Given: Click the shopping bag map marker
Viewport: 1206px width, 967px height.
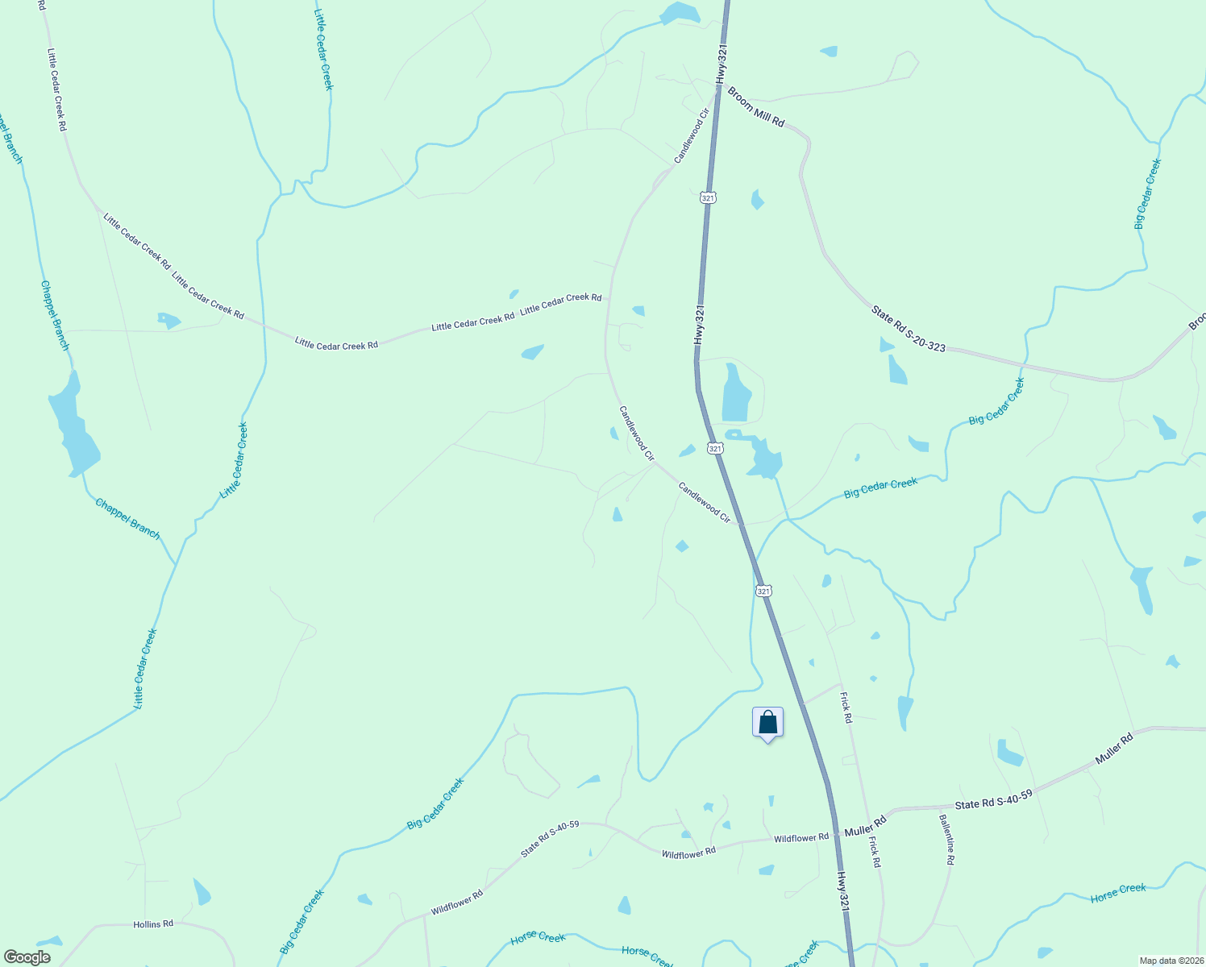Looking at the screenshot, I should (767, 723).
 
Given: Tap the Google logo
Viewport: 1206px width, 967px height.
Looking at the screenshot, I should (27, 957).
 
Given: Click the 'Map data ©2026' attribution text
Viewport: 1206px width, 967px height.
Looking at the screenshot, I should (1170, 961).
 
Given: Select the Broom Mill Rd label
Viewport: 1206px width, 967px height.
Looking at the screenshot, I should (755, 107).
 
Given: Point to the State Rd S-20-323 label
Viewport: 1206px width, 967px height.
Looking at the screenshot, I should (908, 328).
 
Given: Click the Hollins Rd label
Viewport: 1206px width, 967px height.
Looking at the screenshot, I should (153, 923).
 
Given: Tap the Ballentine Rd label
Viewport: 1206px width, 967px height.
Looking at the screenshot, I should (946, 840).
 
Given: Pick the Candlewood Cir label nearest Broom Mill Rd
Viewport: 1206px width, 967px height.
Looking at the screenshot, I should (691, 136).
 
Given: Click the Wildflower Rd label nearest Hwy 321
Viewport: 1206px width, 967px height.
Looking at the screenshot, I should (801, 838).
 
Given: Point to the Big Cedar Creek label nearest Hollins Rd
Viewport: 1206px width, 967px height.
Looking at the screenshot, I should (301, 922).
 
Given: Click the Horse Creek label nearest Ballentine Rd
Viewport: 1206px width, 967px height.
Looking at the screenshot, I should (1118, 893).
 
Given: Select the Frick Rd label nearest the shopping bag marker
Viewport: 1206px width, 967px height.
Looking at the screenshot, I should (846, 707).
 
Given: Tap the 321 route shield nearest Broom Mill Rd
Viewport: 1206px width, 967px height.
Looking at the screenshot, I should (708, 197).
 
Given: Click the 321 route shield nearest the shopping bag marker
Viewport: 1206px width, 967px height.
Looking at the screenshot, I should (764, 591).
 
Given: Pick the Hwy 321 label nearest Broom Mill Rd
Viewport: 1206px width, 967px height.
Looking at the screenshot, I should (722, 63).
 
